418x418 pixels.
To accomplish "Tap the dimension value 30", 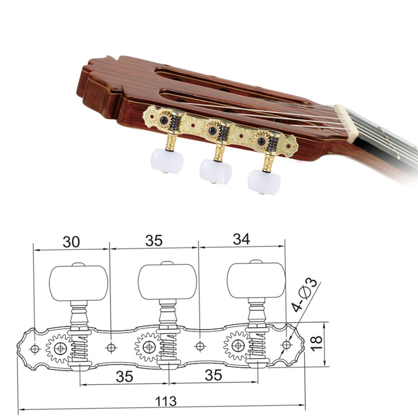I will click(x=71, y=242).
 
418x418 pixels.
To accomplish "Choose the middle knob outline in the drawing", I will click(x=167, y=282).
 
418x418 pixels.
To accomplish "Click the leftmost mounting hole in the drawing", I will click(x=35, y=349).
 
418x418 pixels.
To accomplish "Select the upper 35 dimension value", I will click(x=154, y=240).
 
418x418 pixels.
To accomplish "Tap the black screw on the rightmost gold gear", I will click(x=261, y=141).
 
